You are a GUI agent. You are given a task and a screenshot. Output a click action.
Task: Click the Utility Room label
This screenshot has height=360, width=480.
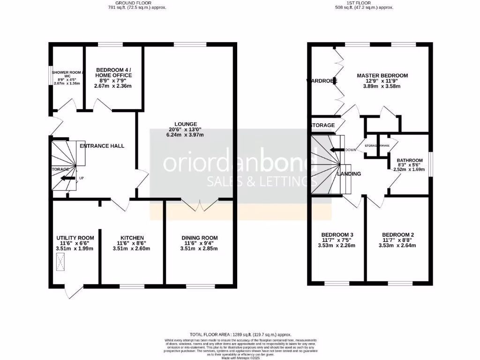[x=75, y=238]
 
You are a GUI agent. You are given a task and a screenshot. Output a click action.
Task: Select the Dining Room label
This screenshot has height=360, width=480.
[x=200, y=238]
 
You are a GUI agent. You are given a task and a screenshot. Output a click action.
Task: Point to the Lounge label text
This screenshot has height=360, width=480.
[x=186, y=124]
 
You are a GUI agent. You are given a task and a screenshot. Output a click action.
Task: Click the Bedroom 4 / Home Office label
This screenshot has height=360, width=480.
[x=113, y=73]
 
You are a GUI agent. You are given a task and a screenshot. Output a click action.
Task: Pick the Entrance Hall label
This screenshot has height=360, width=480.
[x=102, y=146]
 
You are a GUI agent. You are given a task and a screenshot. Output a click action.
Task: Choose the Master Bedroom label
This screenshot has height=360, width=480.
[x=382, y=75]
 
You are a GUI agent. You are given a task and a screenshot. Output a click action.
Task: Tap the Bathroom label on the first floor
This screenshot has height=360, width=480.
[x=409, y=160]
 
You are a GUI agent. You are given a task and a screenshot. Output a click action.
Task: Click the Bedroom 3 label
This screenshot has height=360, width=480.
[x=337, y=235]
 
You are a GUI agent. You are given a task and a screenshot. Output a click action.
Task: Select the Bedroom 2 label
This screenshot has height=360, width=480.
[x=397, y=235]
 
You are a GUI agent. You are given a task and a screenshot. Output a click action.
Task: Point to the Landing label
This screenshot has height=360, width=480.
[x=349, y=174]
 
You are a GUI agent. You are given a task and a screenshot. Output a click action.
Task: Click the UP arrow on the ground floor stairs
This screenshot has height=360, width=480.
[x=68, y=178]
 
